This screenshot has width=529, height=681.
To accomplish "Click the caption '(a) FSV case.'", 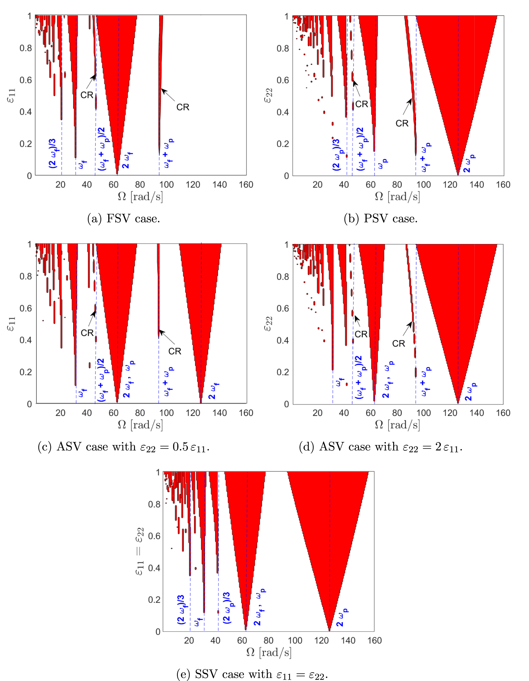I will [124, 219].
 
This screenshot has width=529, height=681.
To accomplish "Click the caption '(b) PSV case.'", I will [381, 219].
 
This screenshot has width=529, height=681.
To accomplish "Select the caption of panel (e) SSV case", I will [252, 674].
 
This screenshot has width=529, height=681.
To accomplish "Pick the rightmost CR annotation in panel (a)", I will [182, 107].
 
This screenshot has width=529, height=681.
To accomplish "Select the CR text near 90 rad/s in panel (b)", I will [402, 124].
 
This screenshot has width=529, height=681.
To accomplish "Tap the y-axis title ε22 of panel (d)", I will [268, 323].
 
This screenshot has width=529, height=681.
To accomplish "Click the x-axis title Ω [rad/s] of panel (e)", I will [269, 652].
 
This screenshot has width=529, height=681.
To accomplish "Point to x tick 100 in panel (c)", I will [166, 413].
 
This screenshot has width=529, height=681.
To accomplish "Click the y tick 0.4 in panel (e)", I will [154, 567].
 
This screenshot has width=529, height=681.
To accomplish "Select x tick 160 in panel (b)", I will [503, 185].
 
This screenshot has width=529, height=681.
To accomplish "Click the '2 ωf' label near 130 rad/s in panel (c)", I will [214, 391].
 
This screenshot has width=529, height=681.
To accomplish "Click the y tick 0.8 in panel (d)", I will [283, 276].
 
